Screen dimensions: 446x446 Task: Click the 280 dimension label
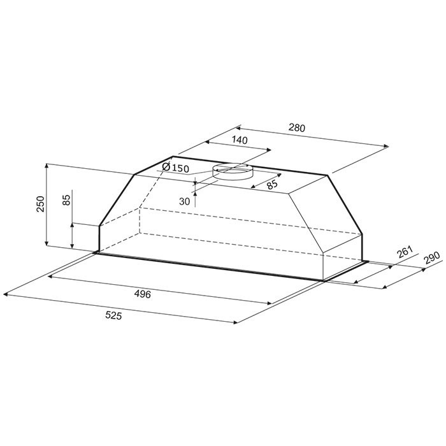[297, 128]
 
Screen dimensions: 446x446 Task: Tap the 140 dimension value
[240, 140]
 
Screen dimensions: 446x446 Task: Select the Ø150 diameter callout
[175, 168]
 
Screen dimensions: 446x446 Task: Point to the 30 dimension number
[184, 201]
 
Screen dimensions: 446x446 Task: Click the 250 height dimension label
[41, 204]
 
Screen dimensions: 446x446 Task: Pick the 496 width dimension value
[142, 294]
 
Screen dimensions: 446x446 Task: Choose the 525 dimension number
[113, 315]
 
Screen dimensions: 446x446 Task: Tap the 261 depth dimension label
[405, 252]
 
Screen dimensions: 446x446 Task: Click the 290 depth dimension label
[431, 257]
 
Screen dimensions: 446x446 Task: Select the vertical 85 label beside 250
[66, 200]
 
